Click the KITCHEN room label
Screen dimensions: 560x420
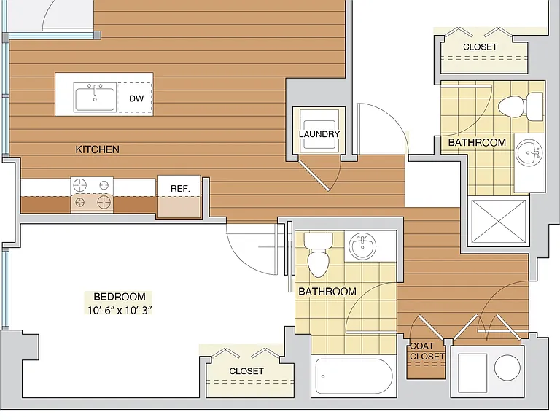tap(97, 149)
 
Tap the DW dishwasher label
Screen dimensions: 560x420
tap(136, 98)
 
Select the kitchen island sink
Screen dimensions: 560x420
tap(95, 97)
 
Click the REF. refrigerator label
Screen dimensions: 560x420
tap(180, 189)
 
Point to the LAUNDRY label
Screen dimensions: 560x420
tap(319, 134)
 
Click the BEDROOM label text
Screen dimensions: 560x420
tap(120, 297)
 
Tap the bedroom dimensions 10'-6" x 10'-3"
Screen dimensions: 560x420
tap(120, 311)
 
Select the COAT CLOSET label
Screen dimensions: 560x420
tap(427, 351)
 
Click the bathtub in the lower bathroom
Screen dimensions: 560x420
tap(354, 376)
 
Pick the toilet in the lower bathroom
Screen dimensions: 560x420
tap(318, 254)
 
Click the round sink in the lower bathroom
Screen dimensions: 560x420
tap(362, 246)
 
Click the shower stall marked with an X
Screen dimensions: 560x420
tap(499, 221)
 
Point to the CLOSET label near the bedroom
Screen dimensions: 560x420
tap(246, 371)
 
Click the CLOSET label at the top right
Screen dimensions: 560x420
tap(480, 47)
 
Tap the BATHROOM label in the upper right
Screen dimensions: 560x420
tap(477, 142)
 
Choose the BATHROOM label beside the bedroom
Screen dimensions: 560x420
tap(327, 292)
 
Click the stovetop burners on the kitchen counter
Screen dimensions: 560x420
tap(92, 195)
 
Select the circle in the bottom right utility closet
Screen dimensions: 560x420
tap(507, 367)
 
